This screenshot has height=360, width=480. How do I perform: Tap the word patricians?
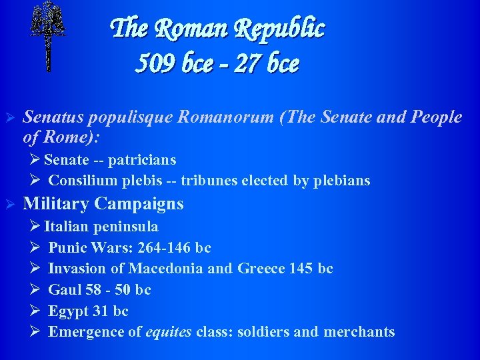click(x=143, y=159)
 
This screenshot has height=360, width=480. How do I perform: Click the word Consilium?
click(x=81, y=181)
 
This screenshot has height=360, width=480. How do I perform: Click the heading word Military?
click(x=56, y=203)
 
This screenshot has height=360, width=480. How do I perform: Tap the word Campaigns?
click(x=139, y=203)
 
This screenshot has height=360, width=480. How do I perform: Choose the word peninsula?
click(x=126, y=227)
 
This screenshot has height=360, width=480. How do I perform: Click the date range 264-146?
click(x=165, y=248)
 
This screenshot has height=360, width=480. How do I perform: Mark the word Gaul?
click(x=63, y=290)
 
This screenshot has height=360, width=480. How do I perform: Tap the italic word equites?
click(x=169, y=332)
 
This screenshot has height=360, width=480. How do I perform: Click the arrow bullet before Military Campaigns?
click(x=10, y=203)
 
